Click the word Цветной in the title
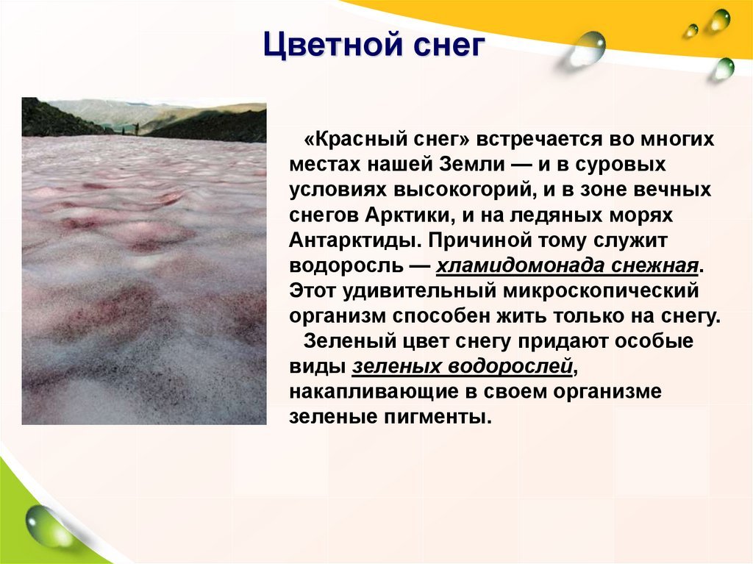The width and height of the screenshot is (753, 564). pyautogui.click(x=332, y=46)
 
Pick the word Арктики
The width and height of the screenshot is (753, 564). pyautogui.click(x=410, y=215)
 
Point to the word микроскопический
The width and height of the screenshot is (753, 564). pyautogui.click(x=600, y=291)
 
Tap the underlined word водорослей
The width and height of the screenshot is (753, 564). pyautogui.click(x=510, y=366)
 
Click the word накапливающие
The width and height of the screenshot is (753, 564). pyautogui.click(x=374, y=392)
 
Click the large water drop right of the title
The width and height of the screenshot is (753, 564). pyautogui.click(x=584, y=49)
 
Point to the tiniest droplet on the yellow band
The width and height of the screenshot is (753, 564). pyautogui.click(x=691, y=30)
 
